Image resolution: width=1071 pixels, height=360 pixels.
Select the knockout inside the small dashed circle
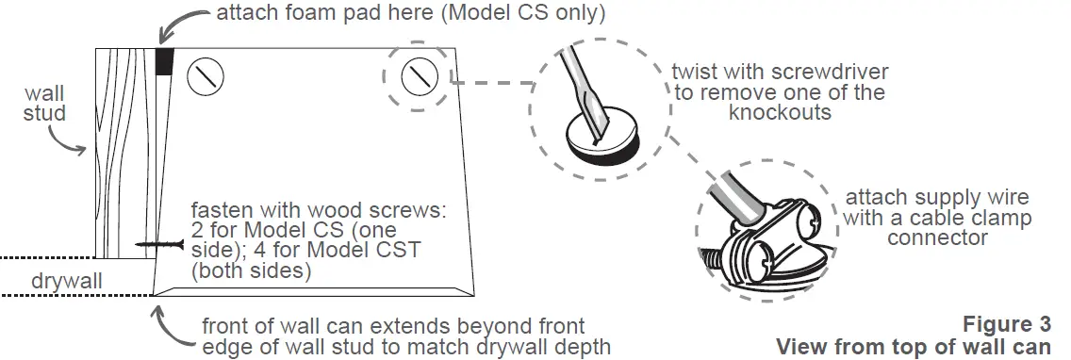pyautogui.click(x=420, y=75)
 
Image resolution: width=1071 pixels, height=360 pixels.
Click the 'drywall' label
pyautogui.click(x=62, y=280)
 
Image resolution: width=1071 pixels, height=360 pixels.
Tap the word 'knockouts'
pyautogui.click(x=777, y=112)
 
